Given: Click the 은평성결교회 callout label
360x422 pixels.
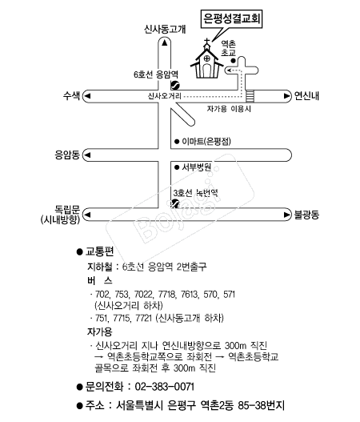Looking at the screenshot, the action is [x=231, y=18].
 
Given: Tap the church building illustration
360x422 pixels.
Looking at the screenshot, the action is [x=206, y=62].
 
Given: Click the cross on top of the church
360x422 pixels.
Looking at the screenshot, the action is [x=206, y=42].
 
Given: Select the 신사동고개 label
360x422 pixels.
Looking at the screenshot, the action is [x=165, y=29].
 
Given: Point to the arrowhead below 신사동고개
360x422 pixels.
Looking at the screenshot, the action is [x=165, y=42].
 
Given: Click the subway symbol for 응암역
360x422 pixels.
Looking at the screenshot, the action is [x=175, y=86].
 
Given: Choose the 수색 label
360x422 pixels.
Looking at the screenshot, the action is [x=71, y=95].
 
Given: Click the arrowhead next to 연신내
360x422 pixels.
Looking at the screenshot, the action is [x=287, y=96].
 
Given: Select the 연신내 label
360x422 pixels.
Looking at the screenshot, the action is [x=306, y=96].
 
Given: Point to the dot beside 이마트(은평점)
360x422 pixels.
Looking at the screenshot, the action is [x=177, y=141].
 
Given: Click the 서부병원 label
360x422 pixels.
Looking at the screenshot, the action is [x=196, y=167].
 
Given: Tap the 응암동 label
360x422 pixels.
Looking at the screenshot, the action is [x=67, y=155].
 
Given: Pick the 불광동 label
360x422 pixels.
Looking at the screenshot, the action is [x=306, y=215].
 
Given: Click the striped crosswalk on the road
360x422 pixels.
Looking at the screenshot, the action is [x=250, y=96].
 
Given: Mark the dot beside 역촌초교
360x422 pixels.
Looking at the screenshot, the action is [x=233, y=61].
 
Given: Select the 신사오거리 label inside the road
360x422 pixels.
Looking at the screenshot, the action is [x=165, y=96].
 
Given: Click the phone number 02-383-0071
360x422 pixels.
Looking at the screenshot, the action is [x=164, y=387].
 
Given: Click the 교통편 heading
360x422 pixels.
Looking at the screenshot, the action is [x=99, y=251].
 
